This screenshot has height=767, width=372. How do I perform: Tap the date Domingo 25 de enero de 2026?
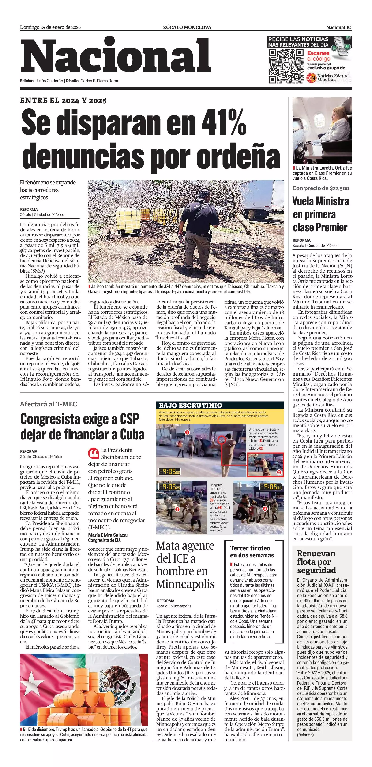[x=50, y=27]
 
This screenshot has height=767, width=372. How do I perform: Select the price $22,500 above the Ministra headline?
[x=339, y=188]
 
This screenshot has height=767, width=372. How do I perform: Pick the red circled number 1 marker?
[x=187, y=432]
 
